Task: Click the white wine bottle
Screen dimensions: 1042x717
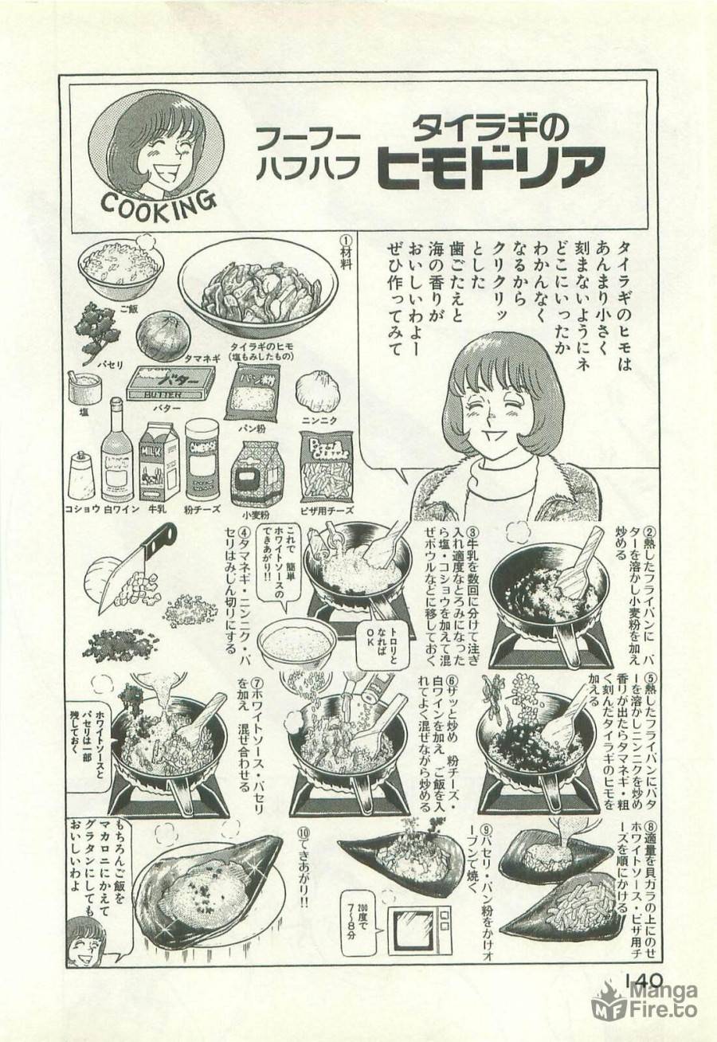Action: [x=116, y=450]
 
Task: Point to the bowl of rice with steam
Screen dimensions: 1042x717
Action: [x=121, y=265]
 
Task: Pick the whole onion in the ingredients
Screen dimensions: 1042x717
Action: [x=162, y=335]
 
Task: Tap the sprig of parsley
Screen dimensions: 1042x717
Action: [x=96, y=332]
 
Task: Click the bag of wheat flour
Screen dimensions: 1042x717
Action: [x=257, y=474]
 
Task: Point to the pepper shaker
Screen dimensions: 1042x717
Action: [x=81, y=476]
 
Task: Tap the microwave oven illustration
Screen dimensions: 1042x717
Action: [x=418, y=930]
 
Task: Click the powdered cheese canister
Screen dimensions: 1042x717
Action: [x=202, y=460]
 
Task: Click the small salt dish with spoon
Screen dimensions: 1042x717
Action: [x=84, y=389]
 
